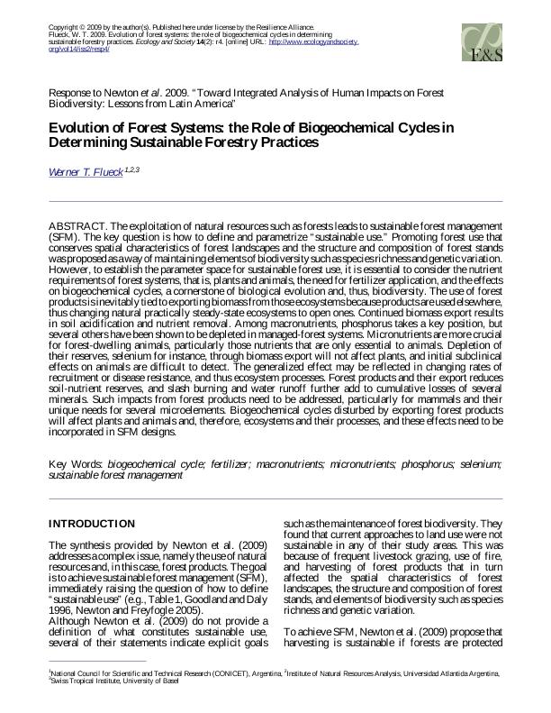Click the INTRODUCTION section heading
click(92, 524)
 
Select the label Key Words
click(75, 463)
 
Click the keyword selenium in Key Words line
click(478, 463)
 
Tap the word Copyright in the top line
click(64, 28)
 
